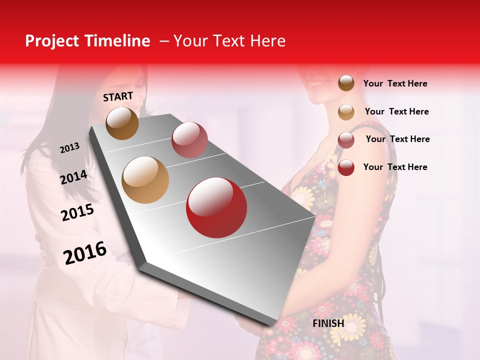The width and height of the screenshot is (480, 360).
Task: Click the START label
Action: coord(118,96)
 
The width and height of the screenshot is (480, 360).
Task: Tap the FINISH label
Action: coord(328,323)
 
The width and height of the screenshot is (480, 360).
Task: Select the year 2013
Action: coord(69,148)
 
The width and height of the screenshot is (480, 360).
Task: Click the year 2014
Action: coord(73,177)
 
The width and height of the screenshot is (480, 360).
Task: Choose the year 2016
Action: coord(85,253)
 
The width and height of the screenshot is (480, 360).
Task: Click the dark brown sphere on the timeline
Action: coord(122,123)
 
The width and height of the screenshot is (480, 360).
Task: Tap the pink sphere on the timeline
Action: coord(189,139)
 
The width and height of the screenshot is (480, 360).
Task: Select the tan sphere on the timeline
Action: coord(145,180)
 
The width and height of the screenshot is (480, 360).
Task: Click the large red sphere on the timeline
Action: coord(216,207)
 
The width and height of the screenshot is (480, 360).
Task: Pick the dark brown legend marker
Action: coord(346,83)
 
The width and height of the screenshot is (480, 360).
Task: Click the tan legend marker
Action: coord(346,112)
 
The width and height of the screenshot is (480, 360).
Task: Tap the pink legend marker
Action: coord(346,139)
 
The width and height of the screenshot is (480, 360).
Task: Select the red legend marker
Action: coord(346,167)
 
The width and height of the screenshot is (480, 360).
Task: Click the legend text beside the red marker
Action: coord(395,167)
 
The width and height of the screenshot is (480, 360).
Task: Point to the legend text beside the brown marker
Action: coord(395,83)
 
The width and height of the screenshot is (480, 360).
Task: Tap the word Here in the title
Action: coord(267,41)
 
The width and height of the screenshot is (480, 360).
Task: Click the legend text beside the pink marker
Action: coord(397,139)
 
